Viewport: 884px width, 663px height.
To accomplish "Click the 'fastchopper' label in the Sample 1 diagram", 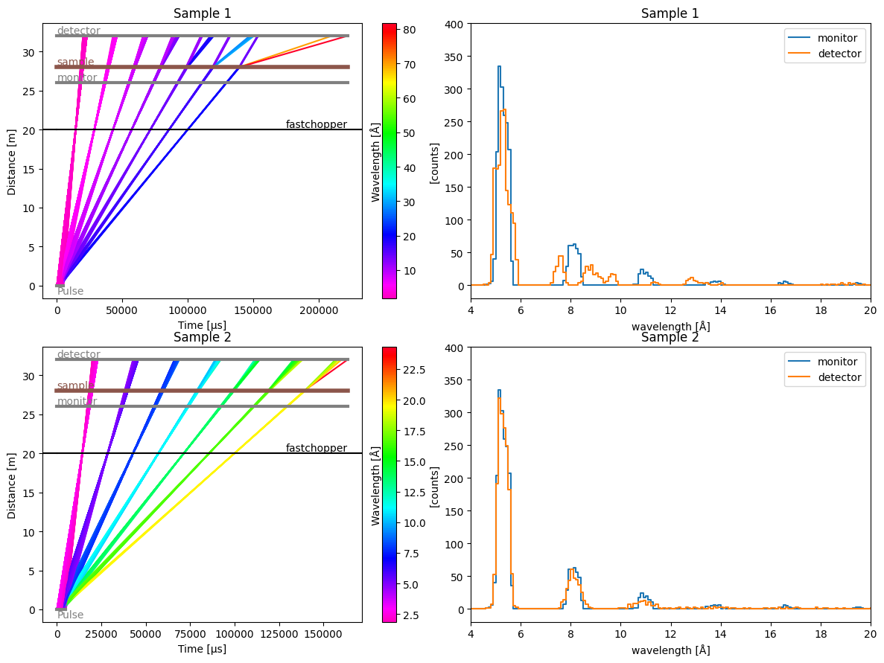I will pyautogui.click(x=316, y=124).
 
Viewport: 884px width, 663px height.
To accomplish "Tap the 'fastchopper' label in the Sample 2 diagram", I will pyautogui.click(x=316, y=448).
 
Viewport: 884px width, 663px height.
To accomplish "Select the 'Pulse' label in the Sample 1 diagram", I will pyautogui.click(x=70, y=291).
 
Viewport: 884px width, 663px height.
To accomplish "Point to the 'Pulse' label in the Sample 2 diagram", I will pyautogui.click(x=70, y=615).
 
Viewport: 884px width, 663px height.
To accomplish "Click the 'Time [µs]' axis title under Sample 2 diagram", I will pyautogui.click(x=202, y=649).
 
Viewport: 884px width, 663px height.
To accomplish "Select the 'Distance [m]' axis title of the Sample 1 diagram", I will pyautogui.click(x=12, y=161).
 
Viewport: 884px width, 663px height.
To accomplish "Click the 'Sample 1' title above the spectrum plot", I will pyautogui.click(x=670, y=13).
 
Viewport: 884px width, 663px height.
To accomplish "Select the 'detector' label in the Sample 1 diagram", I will pyautogui.click(x=78, y=31).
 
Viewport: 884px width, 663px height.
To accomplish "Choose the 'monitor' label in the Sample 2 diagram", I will pyautogui.click(x=77, y=401).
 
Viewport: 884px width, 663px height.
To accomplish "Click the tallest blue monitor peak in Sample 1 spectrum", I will pyautogui.click(x=499, y=67).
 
